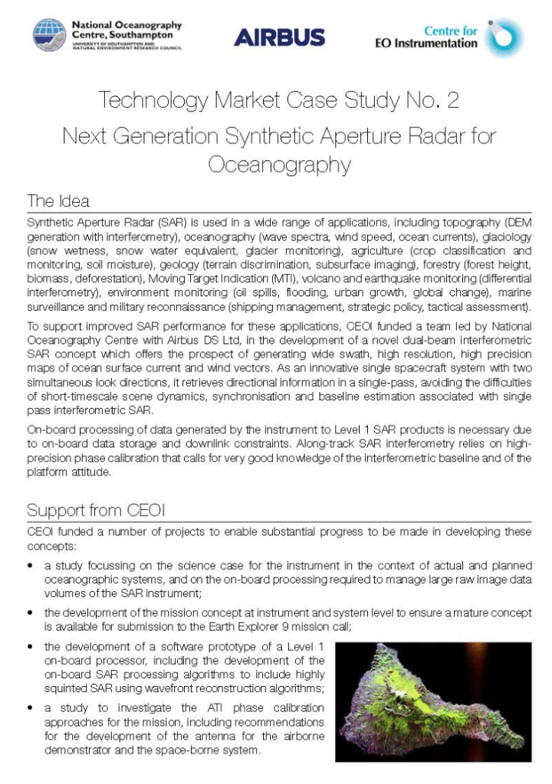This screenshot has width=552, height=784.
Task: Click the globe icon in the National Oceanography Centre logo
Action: tap(49, 35)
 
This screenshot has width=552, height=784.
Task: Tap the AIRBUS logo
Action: tap(279, 37)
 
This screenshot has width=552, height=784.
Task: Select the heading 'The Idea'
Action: tap(58, 201)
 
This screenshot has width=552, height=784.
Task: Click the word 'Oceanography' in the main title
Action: tap(279, 165)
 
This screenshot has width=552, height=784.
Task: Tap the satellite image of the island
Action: tap(433, 701)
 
